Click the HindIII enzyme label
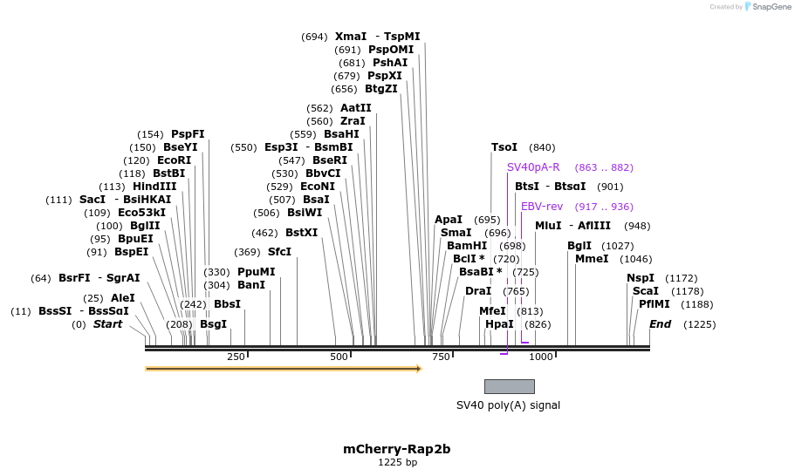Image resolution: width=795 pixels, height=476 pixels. coord(154,187)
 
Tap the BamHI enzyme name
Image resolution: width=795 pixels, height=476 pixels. coord(467,246)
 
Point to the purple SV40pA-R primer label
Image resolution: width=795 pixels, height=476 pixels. coord(533,167)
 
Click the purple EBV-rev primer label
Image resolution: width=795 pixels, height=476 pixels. coord(542,207)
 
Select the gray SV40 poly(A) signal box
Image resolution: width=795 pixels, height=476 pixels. coord(510,386)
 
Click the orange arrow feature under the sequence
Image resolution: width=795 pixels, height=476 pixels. coord(284,369)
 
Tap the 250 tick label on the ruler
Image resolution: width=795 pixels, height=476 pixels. coord(236,357)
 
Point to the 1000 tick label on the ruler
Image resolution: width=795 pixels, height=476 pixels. coord(541,357)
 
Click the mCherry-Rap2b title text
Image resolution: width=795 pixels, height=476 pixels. coord(397,450)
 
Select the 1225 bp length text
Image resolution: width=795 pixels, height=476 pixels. coord(397,463)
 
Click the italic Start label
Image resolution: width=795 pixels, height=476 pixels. coord(107,324)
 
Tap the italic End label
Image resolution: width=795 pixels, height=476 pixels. coord(660,324)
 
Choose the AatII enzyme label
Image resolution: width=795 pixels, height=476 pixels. coord(355,108)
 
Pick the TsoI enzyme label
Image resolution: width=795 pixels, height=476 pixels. coord(504,147)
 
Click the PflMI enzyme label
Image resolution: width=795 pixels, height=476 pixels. coord(655,304)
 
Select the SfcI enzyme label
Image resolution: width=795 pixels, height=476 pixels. coord(279,252)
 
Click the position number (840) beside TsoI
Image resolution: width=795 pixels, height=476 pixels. coord(542,147)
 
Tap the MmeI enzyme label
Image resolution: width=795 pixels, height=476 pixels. coord(592,259)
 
